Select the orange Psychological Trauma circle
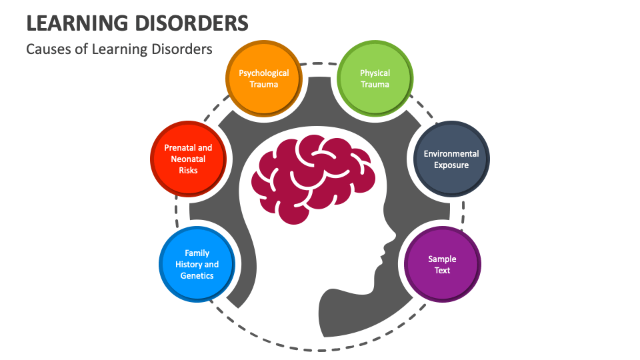[264, 79]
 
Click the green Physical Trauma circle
[375, 79]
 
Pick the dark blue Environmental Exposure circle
[451, 159]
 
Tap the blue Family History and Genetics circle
[197, 264]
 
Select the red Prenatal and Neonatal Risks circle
[188, 159]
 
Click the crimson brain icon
[311, 177]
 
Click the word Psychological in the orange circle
[264, 73]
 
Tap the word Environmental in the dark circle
[451, 154]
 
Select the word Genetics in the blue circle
[197, 275]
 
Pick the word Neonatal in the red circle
[188, 159]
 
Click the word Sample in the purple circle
[443, 259]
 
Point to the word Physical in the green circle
[375, 73]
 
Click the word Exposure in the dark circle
[451, 165]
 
